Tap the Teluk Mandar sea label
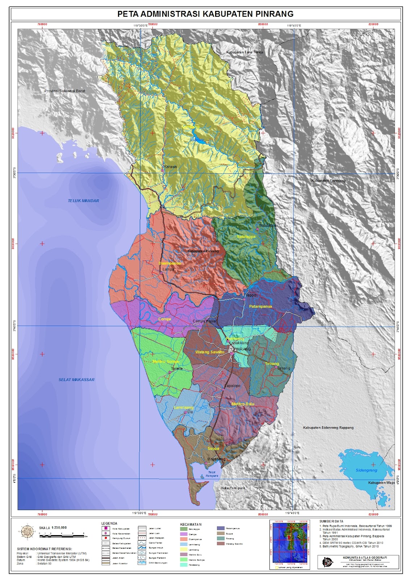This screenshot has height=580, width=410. pos(83,200)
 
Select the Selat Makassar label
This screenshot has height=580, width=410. pos(76,380)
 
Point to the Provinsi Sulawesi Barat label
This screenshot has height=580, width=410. pos(65,91)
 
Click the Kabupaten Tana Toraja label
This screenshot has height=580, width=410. pos(244,52)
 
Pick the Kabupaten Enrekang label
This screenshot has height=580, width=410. pos(328,181)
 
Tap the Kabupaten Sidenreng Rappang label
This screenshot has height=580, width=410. pos(328,428)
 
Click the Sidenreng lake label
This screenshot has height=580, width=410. pos(366,470)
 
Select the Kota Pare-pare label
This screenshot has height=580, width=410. pos(233,488)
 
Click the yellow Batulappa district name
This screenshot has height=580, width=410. pos(246,236)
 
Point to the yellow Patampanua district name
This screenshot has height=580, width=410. pos(260,306)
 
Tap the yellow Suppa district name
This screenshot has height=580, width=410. pos(213,448)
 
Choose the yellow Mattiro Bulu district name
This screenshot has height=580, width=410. pos(243,404)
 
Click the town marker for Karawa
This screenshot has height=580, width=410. pos(163,170)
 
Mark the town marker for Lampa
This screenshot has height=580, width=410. pos(161,273)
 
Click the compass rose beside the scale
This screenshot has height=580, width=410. pos(26,531)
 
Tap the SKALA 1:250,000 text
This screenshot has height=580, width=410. pos(53,528)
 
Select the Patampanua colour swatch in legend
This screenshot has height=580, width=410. pos(221,529)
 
